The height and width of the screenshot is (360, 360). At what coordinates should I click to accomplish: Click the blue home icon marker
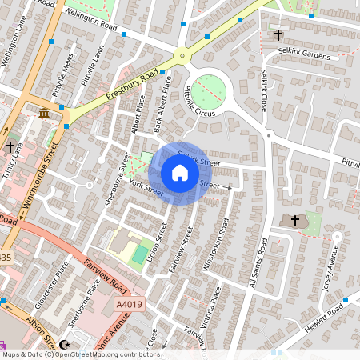coord(180,173)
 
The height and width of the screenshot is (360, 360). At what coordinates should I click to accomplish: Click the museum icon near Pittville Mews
coord(42,115)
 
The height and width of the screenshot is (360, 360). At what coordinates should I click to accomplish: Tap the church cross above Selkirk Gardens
coord(278,35)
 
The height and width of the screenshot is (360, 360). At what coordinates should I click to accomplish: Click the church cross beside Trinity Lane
coord(10,147)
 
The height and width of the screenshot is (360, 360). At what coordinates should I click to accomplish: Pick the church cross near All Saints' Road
coord(294,220)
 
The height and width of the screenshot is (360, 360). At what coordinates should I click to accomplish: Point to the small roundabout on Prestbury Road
coord(182,56)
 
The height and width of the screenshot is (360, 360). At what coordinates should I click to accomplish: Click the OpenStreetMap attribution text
coord(80,354)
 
